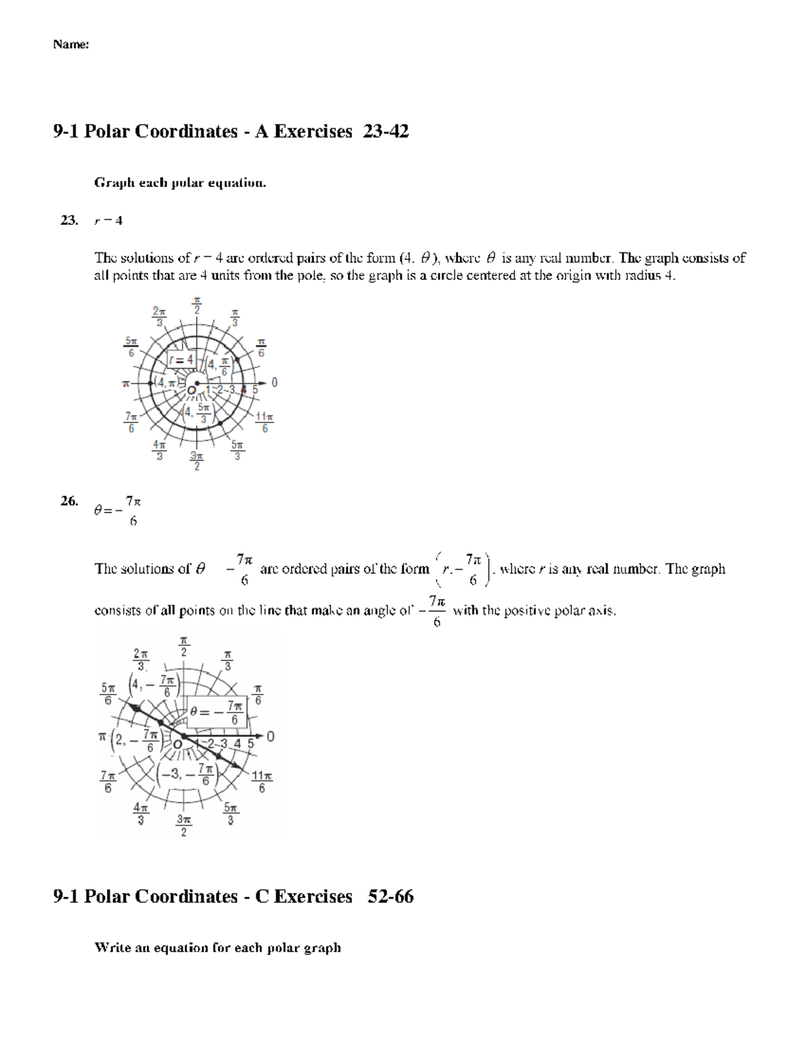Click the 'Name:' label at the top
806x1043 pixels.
click(71, 45)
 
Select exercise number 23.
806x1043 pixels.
click(69, 220)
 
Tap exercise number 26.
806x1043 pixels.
click(69, 501)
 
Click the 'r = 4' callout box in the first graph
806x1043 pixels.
click(181, 360)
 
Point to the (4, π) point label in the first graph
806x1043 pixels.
click(164, 382)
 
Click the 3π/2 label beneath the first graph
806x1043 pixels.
click(196, 461)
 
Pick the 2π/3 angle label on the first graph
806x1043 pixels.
click(159, 316)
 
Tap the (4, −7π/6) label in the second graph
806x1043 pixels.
click(154, 686)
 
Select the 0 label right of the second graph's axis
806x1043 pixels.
click(271, 737)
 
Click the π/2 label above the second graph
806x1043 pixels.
click(184, 647)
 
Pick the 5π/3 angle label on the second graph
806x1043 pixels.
click(230, 815)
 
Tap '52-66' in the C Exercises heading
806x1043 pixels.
click(390, 897)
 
